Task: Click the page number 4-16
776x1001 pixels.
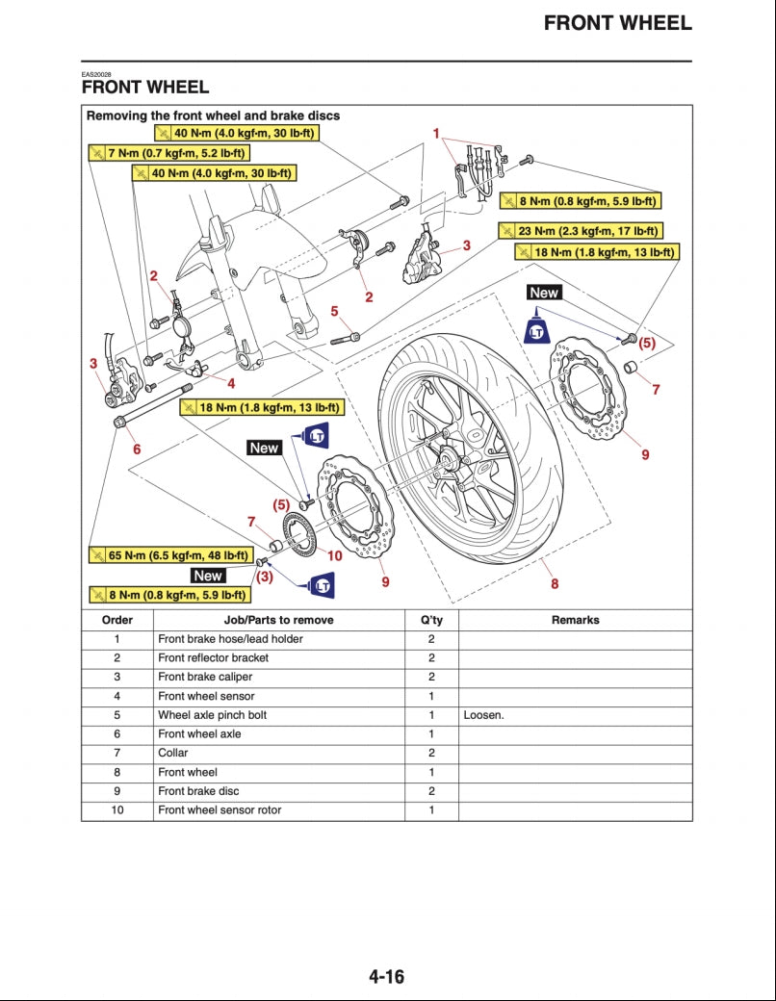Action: (386, 977)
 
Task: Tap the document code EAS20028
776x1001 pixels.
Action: (96, 74)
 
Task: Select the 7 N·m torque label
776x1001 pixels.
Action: (168, 153)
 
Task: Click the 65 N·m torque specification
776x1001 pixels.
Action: (169, 555)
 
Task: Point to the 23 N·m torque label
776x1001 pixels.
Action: (581, 231)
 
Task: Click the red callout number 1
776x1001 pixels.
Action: (436, 133)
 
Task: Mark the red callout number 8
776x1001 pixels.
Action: (555, 583)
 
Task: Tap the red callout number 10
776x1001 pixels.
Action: (334, 555)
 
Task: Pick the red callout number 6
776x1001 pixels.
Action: (137, 449)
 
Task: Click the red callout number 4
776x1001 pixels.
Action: (231, 383)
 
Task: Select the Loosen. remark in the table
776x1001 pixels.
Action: (483, 715)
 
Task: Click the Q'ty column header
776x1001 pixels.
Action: (431, 620)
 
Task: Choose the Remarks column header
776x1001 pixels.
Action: (575, 620)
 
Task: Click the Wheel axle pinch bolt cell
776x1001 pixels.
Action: (212, 715)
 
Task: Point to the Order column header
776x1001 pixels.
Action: (116, 620)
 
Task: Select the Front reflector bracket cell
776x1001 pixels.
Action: (213, 658)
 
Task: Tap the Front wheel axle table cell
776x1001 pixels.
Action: (199, 734)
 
